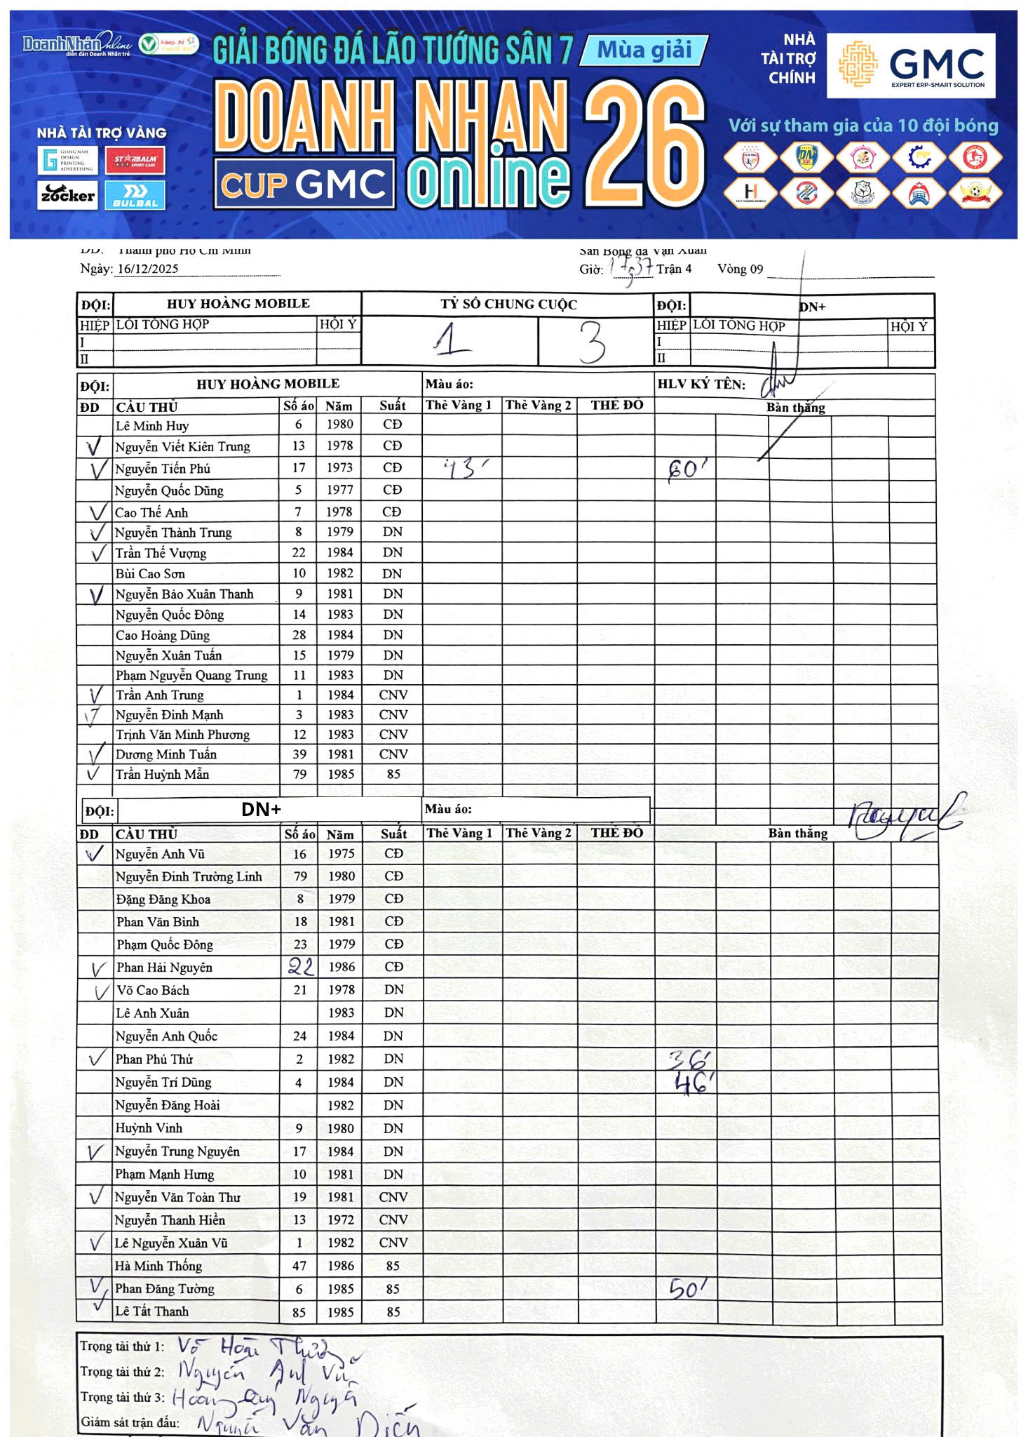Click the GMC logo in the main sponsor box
click(911, 65)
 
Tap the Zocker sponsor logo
click(67, 194)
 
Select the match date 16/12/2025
click(148, 269)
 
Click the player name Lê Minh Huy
click(152, 425)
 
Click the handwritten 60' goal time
click(687, 468)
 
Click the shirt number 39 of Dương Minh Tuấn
click(299, 754)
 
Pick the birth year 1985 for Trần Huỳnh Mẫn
click(340, 774)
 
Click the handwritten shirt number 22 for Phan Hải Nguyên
click(301, 967)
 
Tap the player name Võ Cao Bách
click(153, 990)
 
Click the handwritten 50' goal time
click(686, 1288)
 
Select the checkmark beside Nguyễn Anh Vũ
click(94, 854)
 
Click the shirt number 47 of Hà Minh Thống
click(299, 1266)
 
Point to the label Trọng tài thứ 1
click(122, 1346)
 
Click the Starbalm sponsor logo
click(135, 161)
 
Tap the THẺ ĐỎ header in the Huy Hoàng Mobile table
click(616, 405)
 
